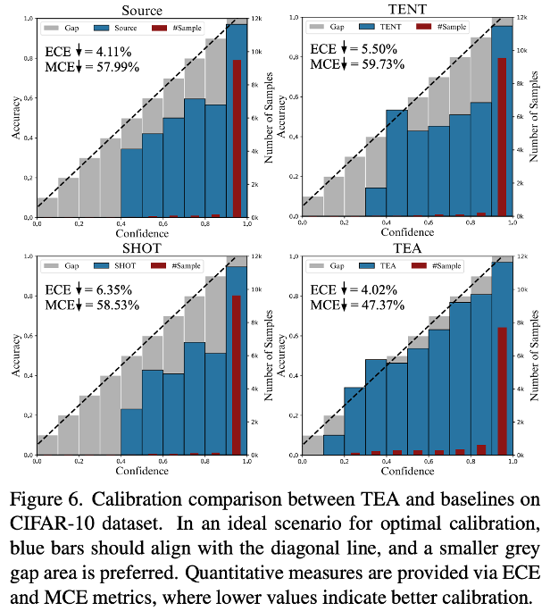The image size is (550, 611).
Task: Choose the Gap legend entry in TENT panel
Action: (x=325, y=28)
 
